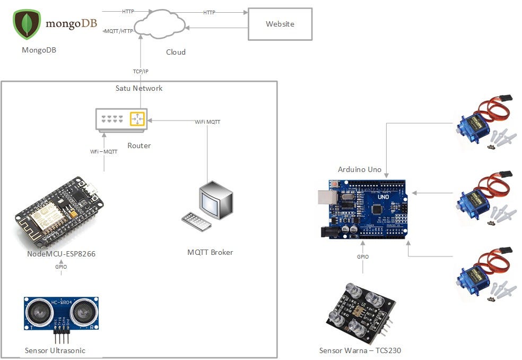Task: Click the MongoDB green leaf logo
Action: click(27, 24)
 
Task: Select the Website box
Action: click(280, 24)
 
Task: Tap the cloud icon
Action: click(160, 24)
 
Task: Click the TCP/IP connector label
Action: click(141, 71)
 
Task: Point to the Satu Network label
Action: click(139, 88)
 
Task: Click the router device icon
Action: click(121, 119)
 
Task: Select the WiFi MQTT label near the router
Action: click(207, 122)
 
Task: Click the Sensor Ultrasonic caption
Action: click(55, 350)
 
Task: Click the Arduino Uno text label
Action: click(360, 169)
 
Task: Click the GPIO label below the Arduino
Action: click(363, 257)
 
